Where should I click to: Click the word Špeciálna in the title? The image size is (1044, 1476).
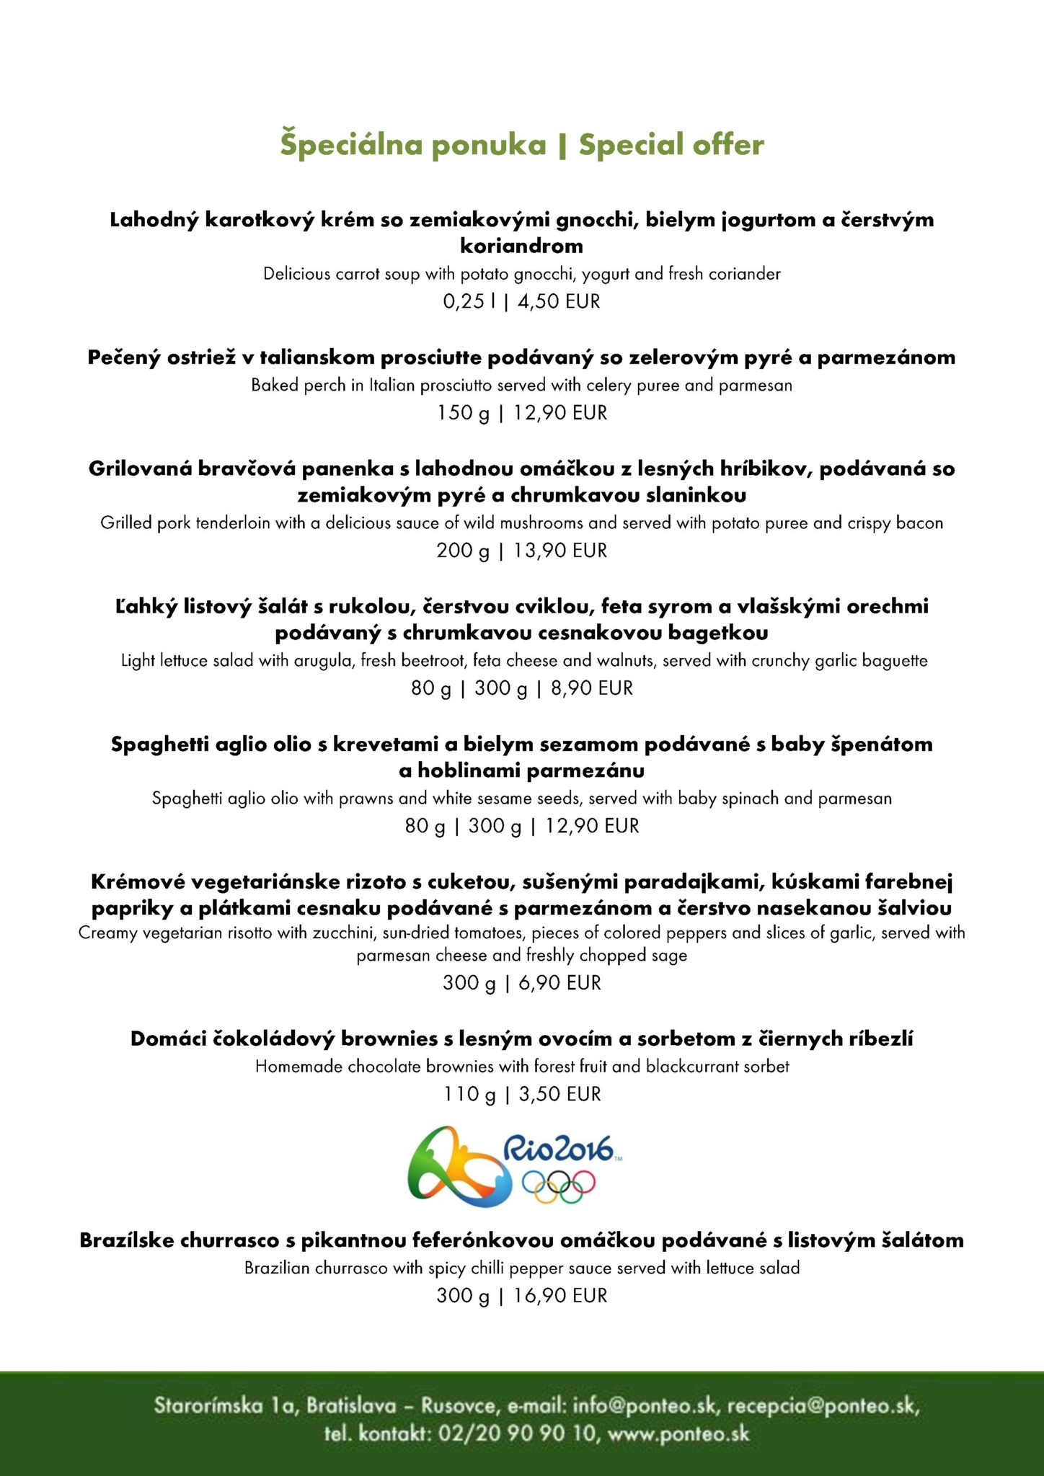point(340,145)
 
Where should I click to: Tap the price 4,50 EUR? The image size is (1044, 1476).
point(559,301)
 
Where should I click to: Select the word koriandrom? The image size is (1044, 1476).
point(521,246)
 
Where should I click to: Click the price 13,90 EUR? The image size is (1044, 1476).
point(560,551)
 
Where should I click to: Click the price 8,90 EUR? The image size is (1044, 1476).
point(592,688)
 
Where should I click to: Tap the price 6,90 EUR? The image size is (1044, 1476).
point(559,983)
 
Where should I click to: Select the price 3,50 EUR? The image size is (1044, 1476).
point(559,1094)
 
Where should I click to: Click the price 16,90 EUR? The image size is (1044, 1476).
point(560,1296)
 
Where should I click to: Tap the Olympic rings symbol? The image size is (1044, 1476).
point(559,1187)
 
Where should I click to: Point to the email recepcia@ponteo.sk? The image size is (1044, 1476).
point(823,1405)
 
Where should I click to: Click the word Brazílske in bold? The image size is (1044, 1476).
point(127,1240)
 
